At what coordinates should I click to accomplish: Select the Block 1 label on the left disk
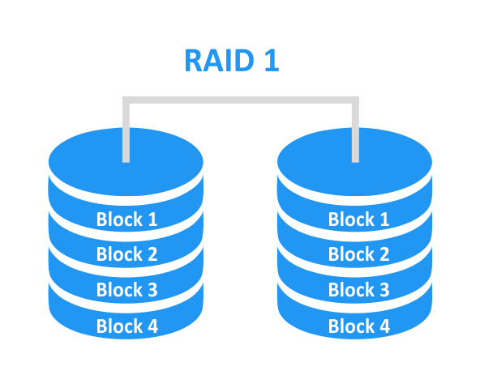126,219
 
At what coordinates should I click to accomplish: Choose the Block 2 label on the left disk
126,254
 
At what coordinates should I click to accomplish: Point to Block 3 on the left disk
126,290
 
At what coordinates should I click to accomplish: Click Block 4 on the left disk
126,326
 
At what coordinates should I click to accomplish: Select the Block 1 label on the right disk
358,219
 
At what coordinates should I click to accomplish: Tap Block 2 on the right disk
358,254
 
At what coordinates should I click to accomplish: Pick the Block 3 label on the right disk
358,290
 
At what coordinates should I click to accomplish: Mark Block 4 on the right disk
358,326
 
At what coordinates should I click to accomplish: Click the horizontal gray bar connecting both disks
240,101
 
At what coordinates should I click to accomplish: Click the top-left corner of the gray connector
126,101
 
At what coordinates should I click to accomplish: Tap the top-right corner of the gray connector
354,101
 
